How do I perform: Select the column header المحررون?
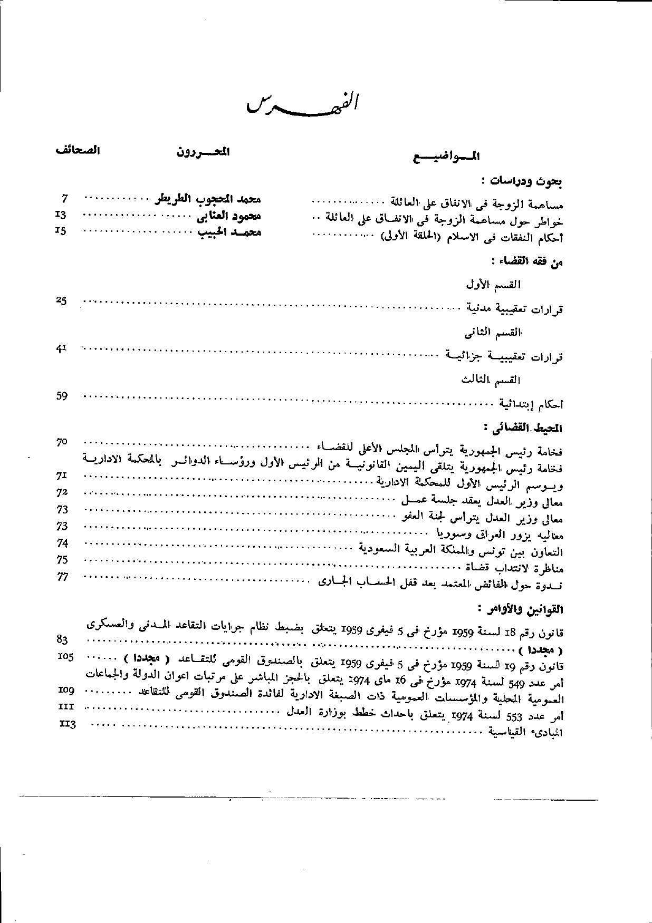pyautogui.click(x=203, y=152)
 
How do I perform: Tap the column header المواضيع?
pyautogui.click(x=446, y=156)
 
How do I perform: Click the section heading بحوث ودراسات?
pyautogui.click(x=525, y=182)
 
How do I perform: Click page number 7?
pyautogui.click(x=65, y=199)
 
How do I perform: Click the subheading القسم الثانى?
pyautogui.click(x=493, y=333)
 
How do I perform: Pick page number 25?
pyautogui.click(x=61, y=300)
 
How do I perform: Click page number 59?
pyautogui.click(x=62, y=396)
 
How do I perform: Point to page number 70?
pyautogui.click(x=62, y=442)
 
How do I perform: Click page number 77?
pyautogui.click(x=62, y=577)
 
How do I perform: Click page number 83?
pyautogui.click(x=62, y=639)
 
